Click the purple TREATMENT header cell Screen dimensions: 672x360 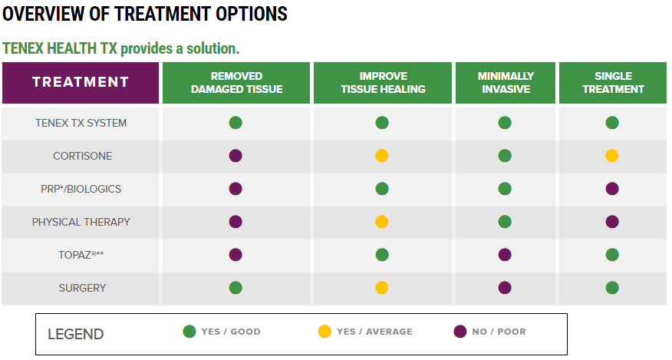[x=81, y=83]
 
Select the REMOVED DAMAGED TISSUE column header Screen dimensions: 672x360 [x=236, y=83]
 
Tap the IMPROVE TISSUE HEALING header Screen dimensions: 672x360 [x=383, y=83]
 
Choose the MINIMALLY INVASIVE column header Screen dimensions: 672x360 [x=506, y=83]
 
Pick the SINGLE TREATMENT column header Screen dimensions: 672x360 [x=613, y=83]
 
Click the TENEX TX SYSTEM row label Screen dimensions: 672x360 [x=81, y=123]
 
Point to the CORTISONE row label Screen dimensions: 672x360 [x=82, y=156]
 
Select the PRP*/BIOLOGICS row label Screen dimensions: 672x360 [x=81, y=189]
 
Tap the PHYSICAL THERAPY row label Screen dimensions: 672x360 [x=81, y=222]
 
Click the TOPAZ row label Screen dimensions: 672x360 [x=81, y=255]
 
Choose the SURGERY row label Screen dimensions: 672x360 [x=82, y=288]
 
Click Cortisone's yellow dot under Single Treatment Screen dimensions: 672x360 [x=612, y=156]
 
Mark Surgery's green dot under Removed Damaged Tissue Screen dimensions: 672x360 [x=236, y=288]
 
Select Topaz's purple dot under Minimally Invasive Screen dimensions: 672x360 [x=505, y=255]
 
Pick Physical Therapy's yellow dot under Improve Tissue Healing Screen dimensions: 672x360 [x=382, y=222]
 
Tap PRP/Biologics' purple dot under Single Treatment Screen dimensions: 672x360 [x=612, y=189]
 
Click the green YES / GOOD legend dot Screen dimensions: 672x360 [x=189, y=332]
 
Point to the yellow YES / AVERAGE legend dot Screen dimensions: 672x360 [x=324, y=332]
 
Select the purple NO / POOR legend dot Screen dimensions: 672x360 [x=460, y=332]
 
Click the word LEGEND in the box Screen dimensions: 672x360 [x=75, y=334]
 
